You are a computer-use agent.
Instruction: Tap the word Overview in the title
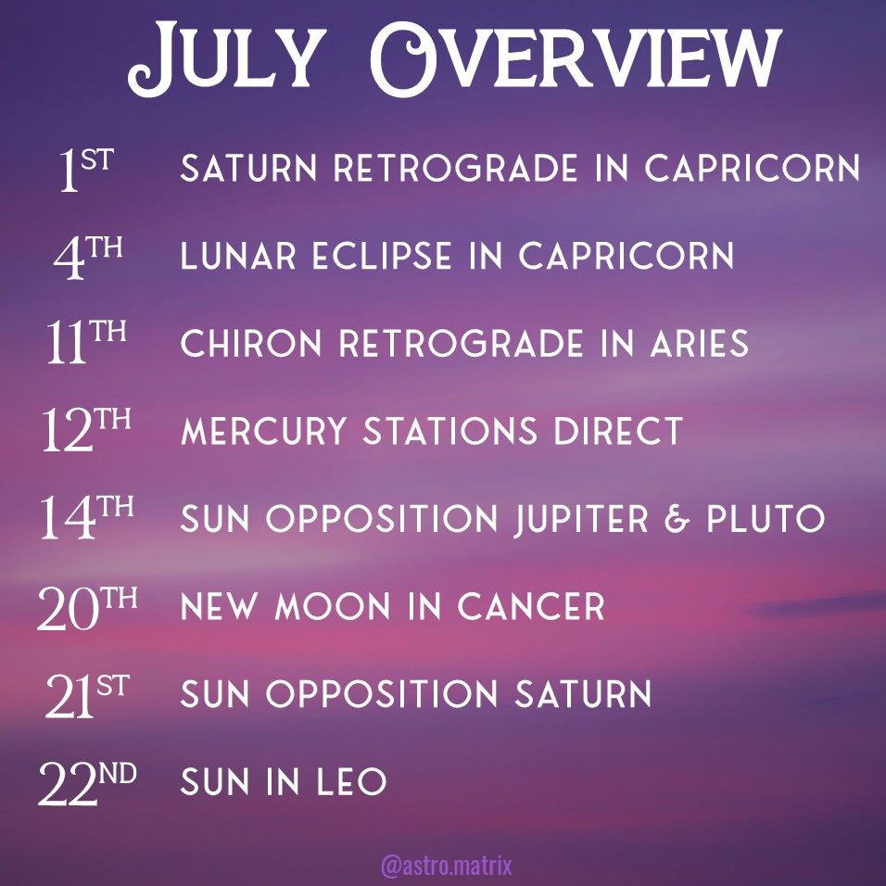click(576, 59)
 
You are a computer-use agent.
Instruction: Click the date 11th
click(86, 342)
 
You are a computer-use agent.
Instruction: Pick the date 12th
click(86, 430)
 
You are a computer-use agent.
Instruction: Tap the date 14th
click(86, 517)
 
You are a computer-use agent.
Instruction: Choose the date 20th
click(87, 606)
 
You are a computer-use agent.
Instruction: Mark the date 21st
click(87, 695)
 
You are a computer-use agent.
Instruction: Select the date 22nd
click(87, 782)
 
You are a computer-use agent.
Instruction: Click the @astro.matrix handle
click(447, 866)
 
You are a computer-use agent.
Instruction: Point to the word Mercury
click(263, 431)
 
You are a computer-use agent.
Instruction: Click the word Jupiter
click(581, 519)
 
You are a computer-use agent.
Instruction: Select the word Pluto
click(766, 519)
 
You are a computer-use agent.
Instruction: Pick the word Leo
click(351, 781)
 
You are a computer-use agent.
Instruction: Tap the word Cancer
click(531, 606)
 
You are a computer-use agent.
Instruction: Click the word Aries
click(700, 344)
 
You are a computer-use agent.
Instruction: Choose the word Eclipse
click(382, 256)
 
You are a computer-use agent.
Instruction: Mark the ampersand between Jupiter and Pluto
click(677, 519)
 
